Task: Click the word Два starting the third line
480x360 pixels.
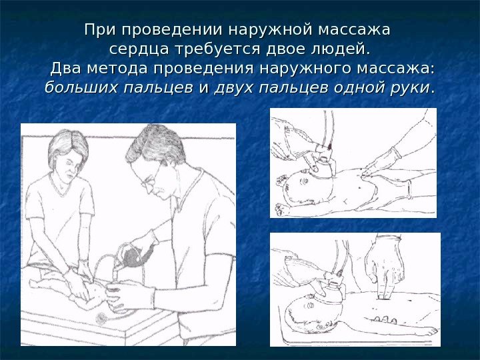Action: click(66, 68)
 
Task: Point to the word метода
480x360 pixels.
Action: click(117, 68)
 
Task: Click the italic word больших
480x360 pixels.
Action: click(81, 87)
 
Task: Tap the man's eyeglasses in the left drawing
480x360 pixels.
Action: click(149, 180)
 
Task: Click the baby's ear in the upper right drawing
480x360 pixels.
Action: click(305, 181)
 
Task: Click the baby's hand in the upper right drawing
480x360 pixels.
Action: click(281, 210)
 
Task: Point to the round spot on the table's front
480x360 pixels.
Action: click(101, 319)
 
